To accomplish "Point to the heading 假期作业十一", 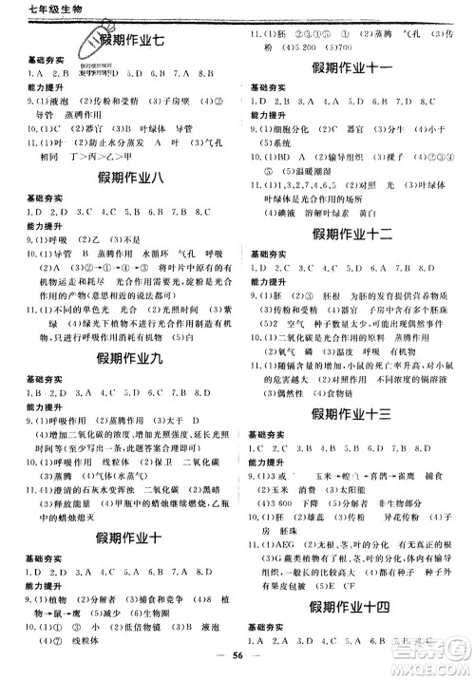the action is pyautogui.click(x=354, y=71).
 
